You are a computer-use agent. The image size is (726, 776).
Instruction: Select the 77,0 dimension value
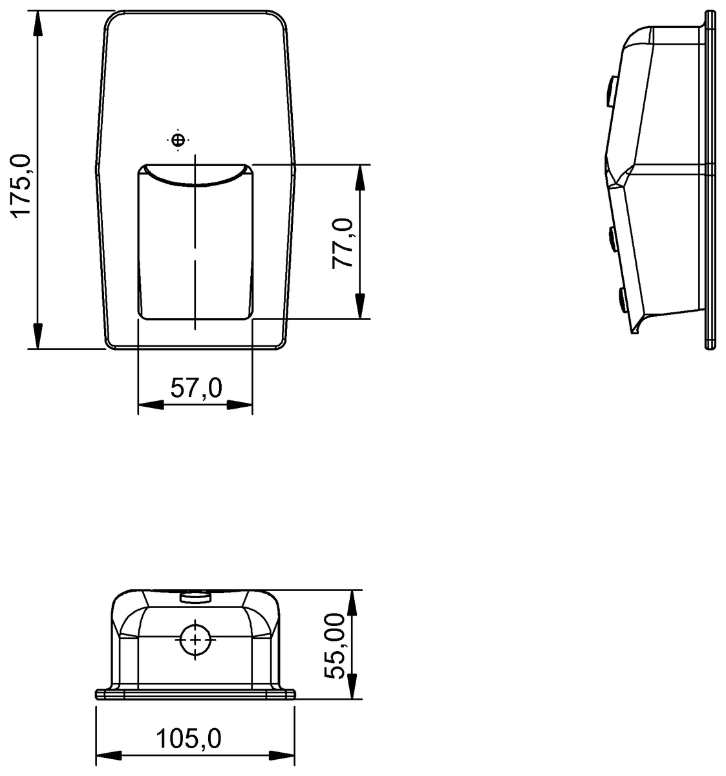click(x=343, y=242)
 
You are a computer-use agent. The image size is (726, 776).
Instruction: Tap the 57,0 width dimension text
click(x=196, y=389)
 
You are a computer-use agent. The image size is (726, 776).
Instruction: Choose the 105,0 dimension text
click(x=188, y=738)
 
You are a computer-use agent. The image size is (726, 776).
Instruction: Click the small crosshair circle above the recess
click(x=178, y=139)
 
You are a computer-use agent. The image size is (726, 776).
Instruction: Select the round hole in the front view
click(x=195, y=639)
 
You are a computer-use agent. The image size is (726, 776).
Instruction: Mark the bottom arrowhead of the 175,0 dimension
click(x=38, y=336)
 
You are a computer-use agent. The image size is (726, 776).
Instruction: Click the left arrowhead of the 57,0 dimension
click(x=151, y=405)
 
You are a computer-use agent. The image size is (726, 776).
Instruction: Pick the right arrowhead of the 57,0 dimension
click(x=239, y=405)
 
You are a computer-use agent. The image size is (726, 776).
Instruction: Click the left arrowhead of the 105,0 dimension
click(x=109, y=755)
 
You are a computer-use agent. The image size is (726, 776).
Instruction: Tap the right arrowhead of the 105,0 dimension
click(x=281, y=755)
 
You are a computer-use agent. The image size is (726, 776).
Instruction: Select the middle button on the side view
click(x=612, y=237)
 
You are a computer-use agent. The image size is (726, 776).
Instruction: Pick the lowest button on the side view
click(x=621, y=298)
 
